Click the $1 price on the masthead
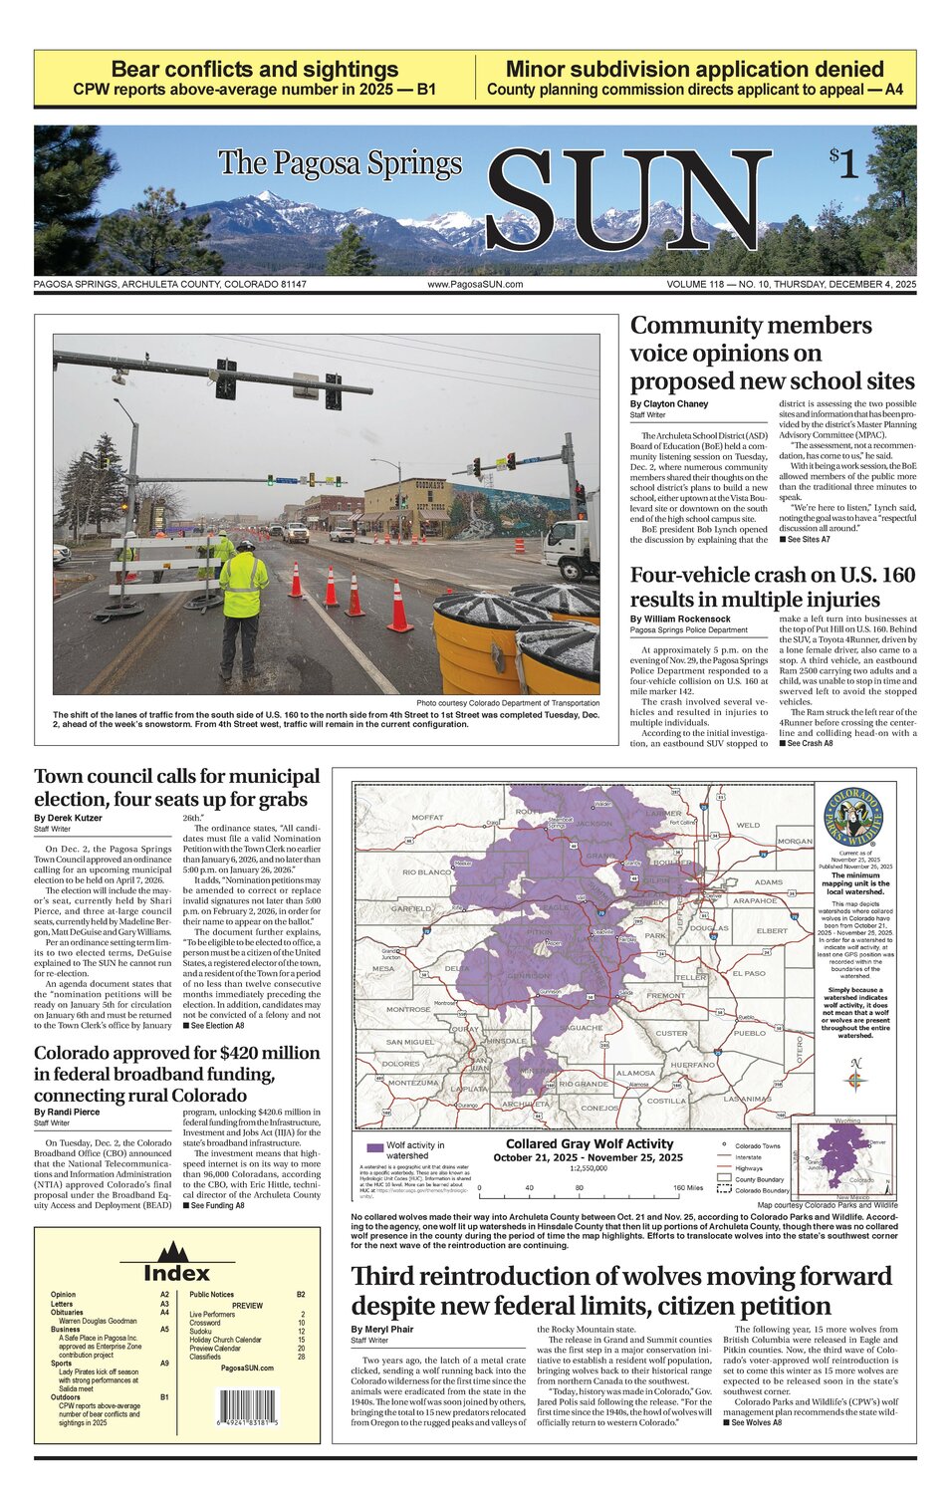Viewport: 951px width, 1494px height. coord(843,163)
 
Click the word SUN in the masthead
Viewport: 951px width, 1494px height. coord(627,202)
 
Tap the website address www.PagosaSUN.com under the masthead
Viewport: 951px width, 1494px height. coord(475,285)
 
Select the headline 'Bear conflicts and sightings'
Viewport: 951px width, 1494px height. coord(255,70)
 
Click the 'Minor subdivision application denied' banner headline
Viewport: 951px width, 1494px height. coord(694,70)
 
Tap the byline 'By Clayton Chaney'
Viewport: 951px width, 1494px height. coord(669,404)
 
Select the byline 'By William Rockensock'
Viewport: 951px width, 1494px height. coord(680,620)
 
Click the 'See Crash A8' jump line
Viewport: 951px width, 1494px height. coord(806,743)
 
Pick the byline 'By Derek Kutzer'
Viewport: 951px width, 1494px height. coord(68,818)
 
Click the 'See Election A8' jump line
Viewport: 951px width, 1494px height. coord(213,1025)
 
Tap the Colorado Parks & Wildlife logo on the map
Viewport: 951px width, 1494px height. coord(854,817)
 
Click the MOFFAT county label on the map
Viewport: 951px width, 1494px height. coord(427,818)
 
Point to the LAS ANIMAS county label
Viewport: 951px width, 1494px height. coord(747,1099)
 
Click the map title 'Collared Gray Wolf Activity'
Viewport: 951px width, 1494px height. coord(590,1144)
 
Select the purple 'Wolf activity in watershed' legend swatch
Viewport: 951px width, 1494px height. coord(374,1147)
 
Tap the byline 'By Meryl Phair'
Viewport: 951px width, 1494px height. coord(382,1330)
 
